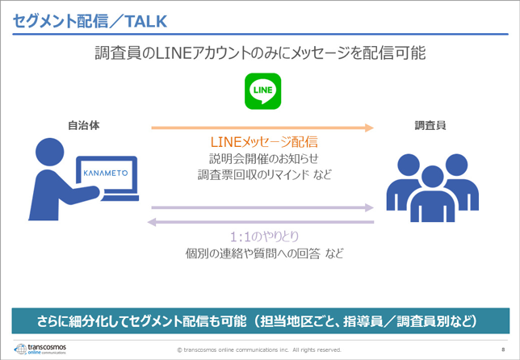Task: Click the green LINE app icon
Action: click(262, 90)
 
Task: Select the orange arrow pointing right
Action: click(262, 128)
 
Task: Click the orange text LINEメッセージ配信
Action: click(263, 142)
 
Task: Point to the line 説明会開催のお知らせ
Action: click(263, 159)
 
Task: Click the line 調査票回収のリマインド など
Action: click(263, 174)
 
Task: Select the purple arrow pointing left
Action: click(262, 221)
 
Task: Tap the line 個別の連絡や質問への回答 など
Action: click(263, 254)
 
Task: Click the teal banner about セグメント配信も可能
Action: click(259, 320)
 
